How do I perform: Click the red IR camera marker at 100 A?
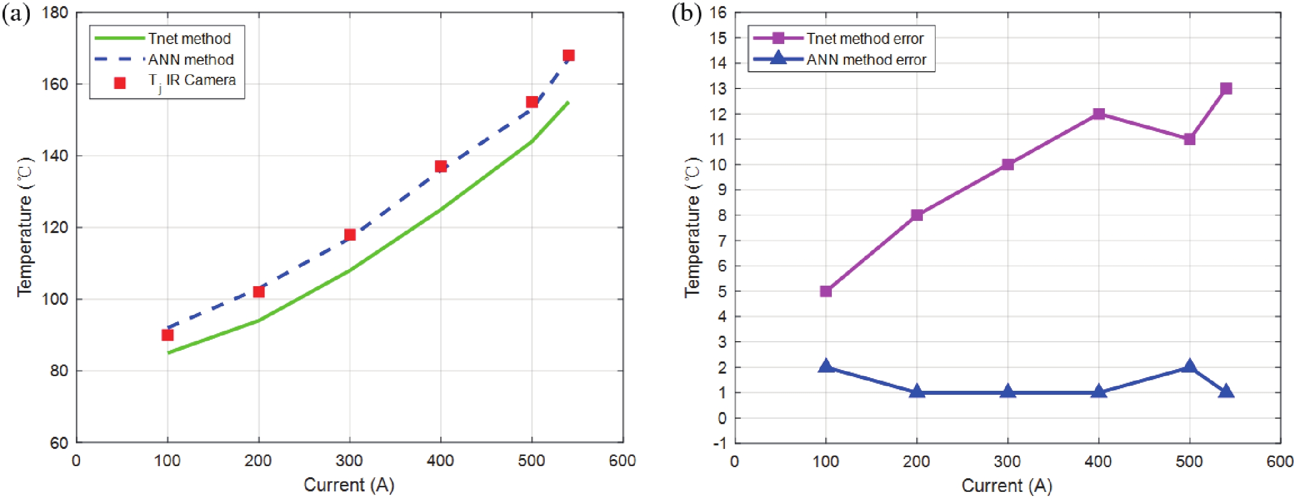tap(167, 335)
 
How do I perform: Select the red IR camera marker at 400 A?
tap(440, 166)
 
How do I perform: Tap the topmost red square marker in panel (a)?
tap(568, 56)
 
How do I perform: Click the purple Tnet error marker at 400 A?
tap(1098, 114)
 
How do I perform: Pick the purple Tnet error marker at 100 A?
tap(826, 291)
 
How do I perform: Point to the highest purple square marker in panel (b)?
tap(1226, 89)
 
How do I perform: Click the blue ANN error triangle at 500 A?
tap(1189, 367)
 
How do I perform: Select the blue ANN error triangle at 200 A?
tap(917, 392)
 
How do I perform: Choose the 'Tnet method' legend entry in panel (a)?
tap(189, 38)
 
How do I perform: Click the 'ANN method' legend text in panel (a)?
tap(191, 60)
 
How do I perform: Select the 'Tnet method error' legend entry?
tap(865, 38)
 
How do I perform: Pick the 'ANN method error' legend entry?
tap(866, 60)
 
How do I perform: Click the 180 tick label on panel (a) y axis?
tap(55, 13)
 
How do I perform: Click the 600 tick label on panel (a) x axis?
tap(622, 461)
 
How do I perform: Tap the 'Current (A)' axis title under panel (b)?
tap(1007, 485)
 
